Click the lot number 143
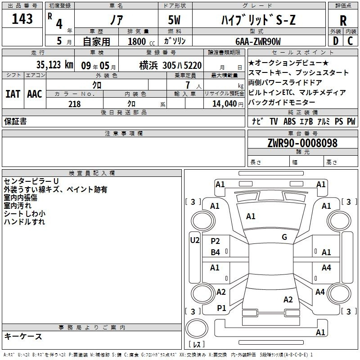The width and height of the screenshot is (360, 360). point(22,18)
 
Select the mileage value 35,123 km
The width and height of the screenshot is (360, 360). point(54,65)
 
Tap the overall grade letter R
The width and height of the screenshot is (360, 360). point(343,20)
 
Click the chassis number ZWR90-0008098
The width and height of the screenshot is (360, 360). point(302,143)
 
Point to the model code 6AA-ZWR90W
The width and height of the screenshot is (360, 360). point(258,41)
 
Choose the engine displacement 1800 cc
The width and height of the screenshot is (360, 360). point(141,41)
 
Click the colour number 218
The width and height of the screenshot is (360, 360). point(75,104)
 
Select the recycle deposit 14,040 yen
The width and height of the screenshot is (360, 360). point(228,104)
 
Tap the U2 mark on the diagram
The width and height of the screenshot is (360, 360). point(195,240)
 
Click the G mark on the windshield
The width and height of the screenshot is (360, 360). point(284,237)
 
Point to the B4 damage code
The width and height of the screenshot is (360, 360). point(216,252)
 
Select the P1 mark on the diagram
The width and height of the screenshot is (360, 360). point(221,308)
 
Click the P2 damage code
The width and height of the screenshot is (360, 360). point(216,241)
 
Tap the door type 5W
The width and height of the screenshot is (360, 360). point(174,20)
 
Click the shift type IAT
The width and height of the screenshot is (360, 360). point(13,94)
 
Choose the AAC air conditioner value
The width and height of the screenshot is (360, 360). point(35,94)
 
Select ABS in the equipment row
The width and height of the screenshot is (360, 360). point(289,121)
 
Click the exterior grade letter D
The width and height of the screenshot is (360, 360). point(336,41)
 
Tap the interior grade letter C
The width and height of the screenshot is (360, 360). point(350,41)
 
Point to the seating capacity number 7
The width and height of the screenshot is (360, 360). point(188,85)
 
